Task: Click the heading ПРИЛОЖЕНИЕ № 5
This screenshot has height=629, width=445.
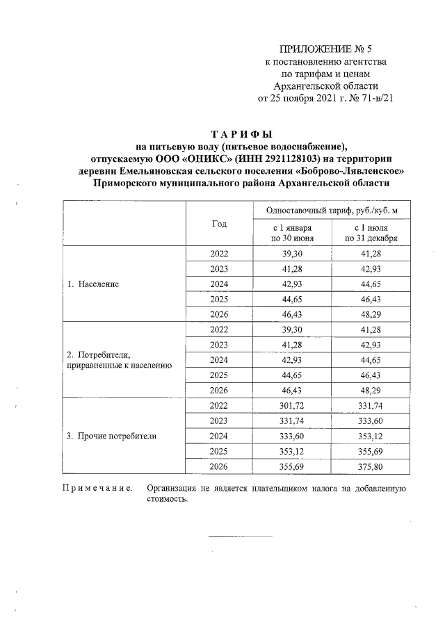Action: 326,49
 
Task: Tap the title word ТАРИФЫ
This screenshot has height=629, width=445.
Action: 241,133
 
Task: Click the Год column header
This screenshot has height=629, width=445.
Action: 219,224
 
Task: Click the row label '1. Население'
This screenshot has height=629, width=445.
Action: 93,284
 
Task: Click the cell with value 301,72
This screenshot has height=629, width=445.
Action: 291,405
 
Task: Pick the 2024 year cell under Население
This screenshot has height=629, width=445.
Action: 219,284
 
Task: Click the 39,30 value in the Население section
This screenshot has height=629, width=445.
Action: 291,254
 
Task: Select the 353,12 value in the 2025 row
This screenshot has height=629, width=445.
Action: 291,452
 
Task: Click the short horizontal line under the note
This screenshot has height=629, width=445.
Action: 241,536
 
